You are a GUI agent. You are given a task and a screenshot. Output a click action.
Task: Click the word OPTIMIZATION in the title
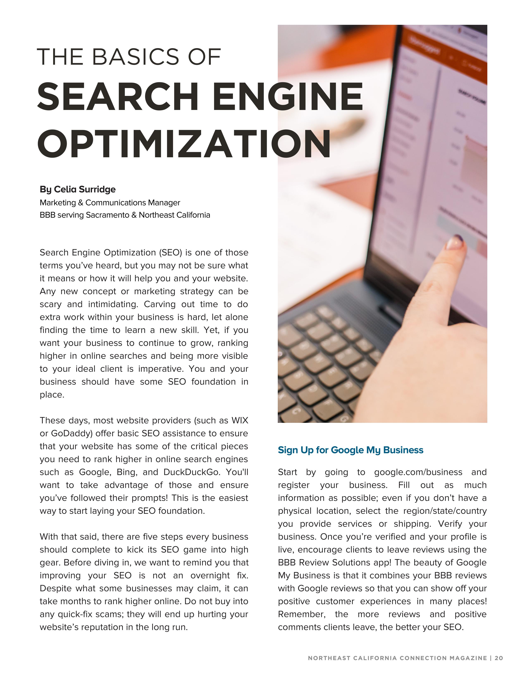click(x=184, y=144)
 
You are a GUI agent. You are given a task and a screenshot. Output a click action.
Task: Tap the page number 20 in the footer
click(x=499, y=658)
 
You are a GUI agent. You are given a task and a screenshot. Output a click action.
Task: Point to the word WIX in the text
click(x=240, y=420)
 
